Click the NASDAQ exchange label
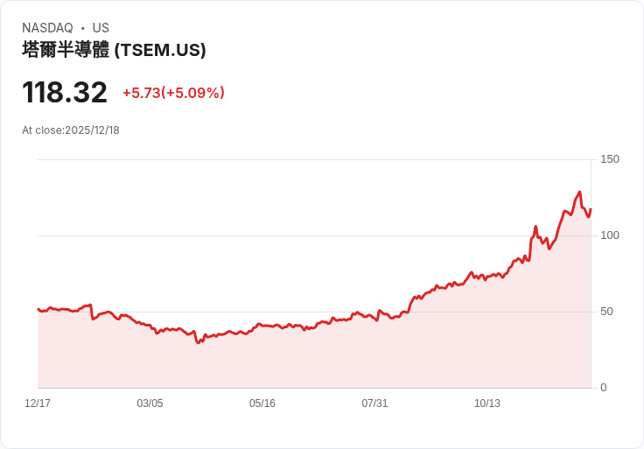(x=47, y=28)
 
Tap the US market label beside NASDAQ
(x=101, y=28)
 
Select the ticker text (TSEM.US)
(x=160, y=50)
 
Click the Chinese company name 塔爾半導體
(x=66, y=50)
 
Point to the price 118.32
(x=65, y=93)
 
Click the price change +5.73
(x=141, y=93)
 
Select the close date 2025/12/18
(x=92, y=130)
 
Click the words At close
(x=42, y=130)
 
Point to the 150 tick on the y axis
(x=610, y=159)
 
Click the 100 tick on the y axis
(x=610, y=235)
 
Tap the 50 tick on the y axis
(x=606, y=312)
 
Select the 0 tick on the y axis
(x=604, y=388)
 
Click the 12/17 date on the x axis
(x=38, y=403)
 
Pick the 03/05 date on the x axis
(x=150, y=403)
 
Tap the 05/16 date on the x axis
(x=262, y=403)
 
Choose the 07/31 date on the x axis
(x=374, y=403)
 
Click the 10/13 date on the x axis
(x=487, y=403)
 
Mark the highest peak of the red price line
(x=579, y=193)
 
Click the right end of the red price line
(x=591, y=209)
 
